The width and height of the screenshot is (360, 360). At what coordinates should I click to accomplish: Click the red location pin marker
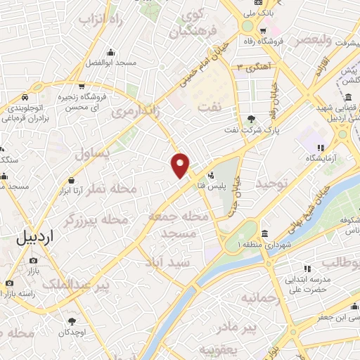181,165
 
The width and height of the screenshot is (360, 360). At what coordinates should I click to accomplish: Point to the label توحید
271,184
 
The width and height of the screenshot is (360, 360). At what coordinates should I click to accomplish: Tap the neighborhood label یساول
94,154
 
